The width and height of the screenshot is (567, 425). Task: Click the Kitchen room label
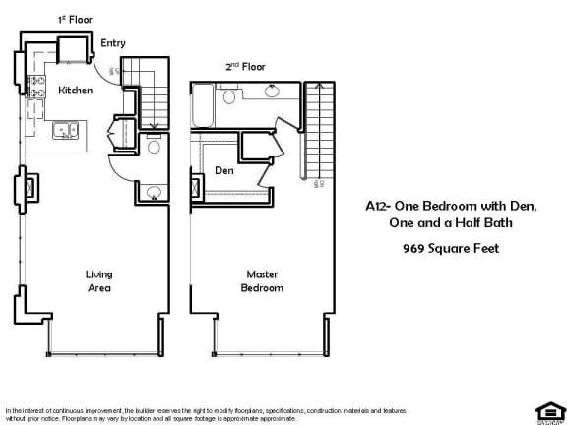76,91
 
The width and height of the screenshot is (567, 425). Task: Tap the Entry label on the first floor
112,43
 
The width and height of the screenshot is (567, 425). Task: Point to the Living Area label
98,281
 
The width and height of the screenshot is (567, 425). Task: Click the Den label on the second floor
224,170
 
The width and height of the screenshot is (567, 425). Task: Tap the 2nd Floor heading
245,67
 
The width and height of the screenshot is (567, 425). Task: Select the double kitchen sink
65,128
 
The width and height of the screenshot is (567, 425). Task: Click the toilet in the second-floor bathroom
229,94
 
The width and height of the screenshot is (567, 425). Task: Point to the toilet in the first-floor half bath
154,148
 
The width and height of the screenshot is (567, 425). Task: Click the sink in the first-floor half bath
154,192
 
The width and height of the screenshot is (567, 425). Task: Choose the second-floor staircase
318,138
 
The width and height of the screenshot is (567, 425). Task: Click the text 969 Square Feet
451,248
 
